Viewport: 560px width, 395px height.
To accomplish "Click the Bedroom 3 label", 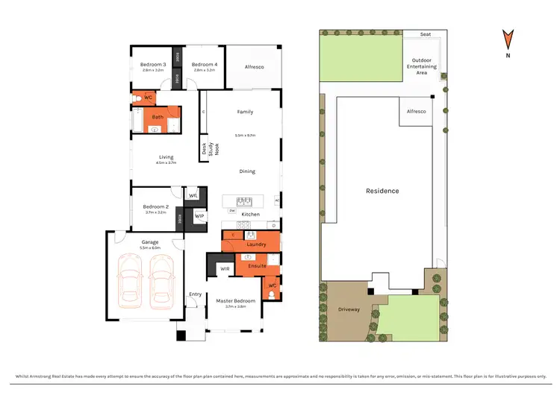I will tap(153, 65).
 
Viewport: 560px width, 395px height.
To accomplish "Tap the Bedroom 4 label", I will tap(205, 65).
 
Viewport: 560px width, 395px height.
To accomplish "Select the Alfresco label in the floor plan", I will tap(254, 67).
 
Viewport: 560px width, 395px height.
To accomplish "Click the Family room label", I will tap(245, 112).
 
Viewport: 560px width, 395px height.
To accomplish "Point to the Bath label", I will tap(158, 117).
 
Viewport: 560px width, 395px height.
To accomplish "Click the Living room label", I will tap(166, 157).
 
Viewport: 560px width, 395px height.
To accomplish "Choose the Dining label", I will tap(247, 171).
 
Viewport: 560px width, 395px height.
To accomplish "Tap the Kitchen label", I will tap(251, 214).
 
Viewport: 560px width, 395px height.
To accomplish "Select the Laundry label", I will tap(256, 244).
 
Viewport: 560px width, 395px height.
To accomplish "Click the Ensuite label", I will tap(257, 265).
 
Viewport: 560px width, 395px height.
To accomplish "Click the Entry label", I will tap(196, 294).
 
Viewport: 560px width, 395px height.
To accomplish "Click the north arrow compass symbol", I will tap(508, 41).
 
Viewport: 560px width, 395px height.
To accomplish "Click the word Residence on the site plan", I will tap(382, 191).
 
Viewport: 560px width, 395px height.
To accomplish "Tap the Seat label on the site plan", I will tap(425, 34).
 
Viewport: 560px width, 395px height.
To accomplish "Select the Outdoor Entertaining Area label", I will tap(422, 66).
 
